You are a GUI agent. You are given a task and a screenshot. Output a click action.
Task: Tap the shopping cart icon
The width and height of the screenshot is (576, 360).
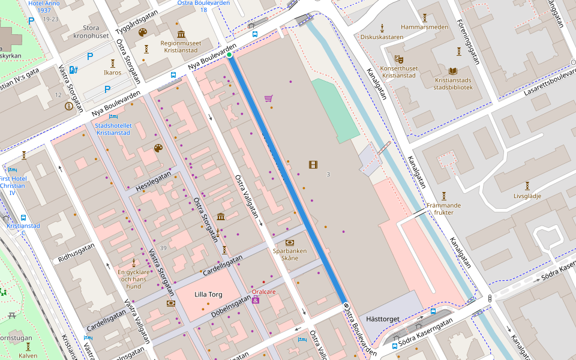(268, 98)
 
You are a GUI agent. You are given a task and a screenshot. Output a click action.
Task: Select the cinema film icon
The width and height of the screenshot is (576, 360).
(313, 164)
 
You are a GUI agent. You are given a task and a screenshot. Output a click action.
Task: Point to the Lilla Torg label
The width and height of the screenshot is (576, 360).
(209, 295)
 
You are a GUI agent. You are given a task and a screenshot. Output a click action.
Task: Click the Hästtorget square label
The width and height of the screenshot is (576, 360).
(382, 319)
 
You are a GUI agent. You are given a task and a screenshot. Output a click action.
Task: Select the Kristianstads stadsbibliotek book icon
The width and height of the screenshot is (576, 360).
(453, 71)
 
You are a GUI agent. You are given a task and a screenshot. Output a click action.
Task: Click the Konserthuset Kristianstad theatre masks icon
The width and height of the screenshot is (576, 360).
(398, 59)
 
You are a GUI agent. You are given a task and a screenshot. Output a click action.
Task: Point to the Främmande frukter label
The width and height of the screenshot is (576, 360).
(444, 209)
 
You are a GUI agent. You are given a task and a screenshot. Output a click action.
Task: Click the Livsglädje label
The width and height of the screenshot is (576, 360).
(527, 196)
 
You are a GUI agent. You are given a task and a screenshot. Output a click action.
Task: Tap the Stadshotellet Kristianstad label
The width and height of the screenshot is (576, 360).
(113, 129)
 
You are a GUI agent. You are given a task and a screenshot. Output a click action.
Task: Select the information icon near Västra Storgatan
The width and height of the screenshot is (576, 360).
(69, 106)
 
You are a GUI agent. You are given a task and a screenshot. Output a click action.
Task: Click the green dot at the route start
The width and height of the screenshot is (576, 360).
(229, 55)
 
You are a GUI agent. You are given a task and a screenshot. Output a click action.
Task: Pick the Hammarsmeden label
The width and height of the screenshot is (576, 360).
(424, 27)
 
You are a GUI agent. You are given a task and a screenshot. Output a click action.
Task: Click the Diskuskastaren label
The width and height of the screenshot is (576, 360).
(382, 37)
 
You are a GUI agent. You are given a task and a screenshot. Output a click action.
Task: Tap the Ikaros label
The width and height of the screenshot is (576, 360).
(112, 73)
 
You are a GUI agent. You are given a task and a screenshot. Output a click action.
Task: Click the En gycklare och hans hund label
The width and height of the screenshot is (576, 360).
(133, 279)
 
